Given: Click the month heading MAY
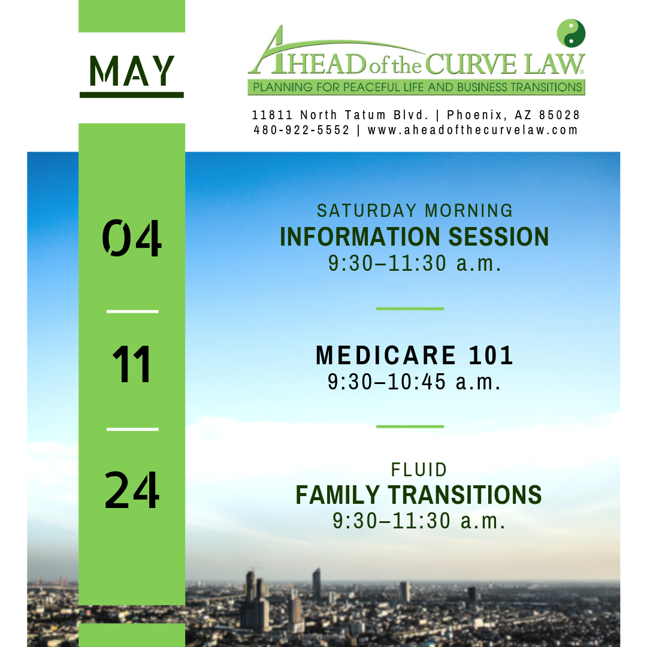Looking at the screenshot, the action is click(x=132, y=71).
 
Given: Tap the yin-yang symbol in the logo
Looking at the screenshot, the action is click(x=571, y=33).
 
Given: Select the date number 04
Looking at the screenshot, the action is click(x=132, y=237).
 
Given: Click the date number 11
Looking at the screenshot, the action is click(x=132, y=364).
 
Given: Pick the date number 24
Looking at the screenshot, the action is click(x=132, y=490).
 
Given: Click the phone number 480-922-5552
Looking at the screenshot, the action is click(x=301, y=130).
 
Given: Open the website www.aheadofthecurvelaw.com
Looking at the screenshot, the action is click(x=473, y=130).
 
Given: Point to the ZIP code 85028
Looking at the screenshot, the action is click(x=560, y=114).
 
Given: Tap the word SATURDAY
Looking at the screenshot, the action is click(x=367, y=210).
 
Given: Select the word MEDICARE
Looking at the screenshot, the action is click(x=386, y=355).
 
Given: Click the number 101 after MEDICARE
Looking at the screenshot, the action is click(x=491, y=355).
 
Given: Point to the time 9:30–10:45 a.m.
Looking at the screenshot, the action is click(x=415, y=382).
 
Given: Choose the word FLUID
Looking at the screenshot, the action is click(x=419, y=470).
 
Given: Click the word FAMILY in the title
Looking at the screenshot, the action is click(x=337, y=495).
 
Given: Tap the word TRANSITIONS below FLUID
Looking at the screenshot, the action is click(x=465, y=495).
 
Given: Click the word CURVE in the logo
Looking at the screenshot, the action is click(x=471, y=64).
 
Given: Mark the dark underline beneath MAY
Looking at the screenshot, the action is click(x=132, y=95).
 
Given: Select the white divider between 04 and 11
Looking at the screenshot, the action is click(x=132, y=312).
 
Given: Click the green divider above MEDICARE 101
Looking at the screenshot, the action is click(x=410, y=309).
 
